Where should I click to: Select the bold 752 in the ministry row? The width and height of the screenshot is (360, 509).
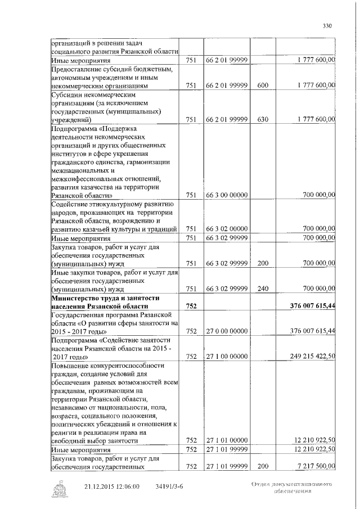(x=191, y=305)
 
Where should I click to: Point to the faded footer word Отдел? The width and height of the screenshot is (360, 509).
(x=261, y=483)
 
